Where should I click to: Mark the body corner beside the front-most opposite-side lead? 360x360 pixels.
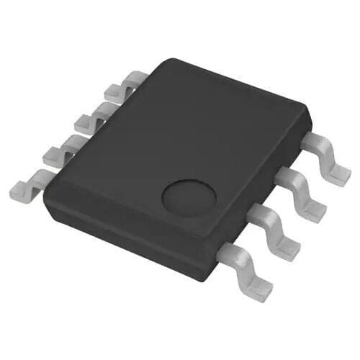[46, 194]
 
